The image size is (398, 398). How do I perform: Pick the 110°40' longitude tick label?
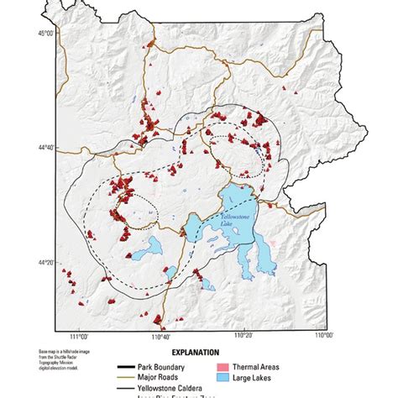coord(160,337)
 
